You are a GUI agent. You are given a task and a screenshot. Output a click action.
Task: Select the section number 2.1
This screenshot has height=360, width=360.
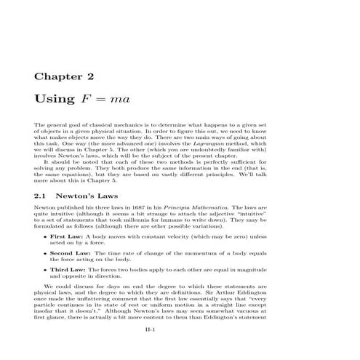tap(41, 196)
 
